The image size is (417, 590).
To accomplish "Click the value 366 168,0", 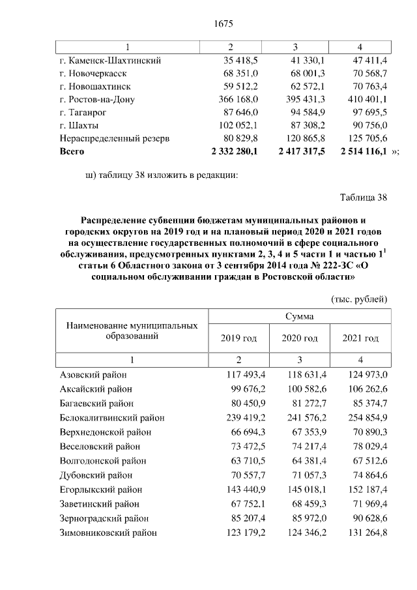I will (x=239, y=99).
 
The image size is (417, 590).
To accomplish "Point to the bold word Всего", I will (x=72, y=151).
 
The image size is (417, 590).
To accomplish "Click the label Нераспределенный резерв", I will (x=114, y=138).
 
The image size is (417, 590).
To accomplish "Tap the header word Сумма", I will (x=299, y=316).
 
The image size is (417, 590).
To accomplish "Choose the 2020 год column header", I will (x=299, y=338).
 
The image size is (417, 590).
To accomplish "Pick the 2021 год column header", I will (x=360, y=338).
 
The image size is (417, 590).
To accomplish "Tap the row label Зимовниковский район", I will (x=108, y=533).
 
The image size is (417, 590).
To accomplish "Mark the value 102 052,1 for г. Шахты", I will (x=239, y=125).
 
